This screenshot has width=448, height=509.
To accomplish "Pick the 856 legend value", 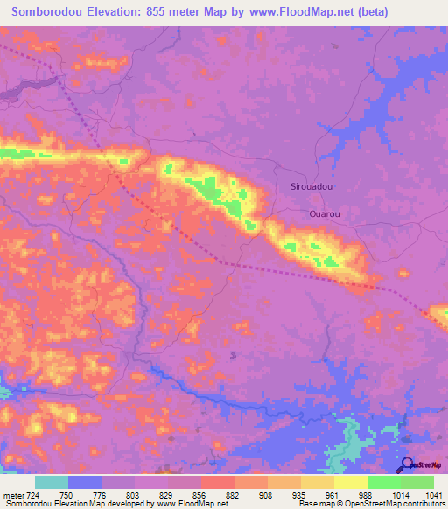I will click(x=201, y=494).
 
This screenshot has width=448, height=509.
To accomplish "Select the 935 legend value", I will click(x=300, y=494).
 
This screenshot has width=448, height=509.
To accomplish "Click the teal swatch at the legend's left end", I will click(x=51, y=482).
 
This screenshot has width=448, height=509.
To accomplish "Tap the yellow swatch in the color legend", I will click(x=350, y=482).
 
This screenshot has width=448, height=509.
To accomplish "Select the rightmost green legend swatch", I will click(x=416, y=482).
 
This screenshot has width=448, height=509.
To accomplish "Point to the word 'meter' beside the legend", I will click(x=13, y=494).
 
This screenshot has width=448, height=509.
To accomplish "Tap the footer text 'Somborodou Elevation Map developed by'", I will click(x=77, y=504).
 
